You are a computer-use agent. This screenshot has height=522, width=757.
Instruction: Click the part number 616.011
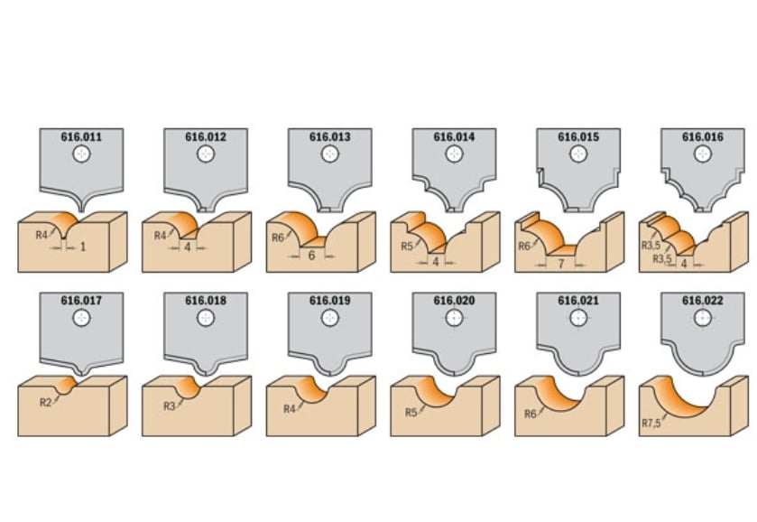click(x=81, y=136)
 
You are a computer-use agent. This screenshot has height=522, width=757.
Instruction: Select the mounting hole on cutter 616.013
click(x=330, y=154)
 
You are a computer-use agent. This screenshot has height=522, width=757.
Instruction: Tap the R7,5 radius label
click(x=651, y=423)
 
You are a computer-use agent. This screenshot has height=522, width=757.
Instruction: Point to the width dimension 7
click(x=561, y=264)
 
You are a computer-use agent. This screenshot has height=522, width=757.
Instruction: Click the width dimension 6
click(x=311, y=256)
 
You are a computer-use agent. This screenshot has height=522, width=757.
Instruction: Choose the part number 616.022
click(x=703, y=301)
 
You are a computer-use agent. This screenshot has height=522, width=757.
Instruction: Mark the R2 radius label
click(x=45, y=402)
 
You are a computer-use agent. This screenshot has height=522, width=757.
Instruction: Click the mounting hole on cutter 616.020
click(x=455, y=318)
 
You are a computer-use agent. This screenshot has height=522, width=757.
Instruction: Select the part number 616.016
click(x=703, y=136)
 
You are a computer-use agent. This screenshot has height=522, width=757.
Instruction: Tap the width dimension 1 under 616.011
click(x=82, y=247)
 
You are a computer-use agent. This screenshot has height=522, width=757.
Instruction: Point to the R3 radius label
click(x=169, y=406)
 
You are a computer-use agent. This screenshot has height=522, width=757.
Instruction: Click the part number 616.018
click(x=206, y=301)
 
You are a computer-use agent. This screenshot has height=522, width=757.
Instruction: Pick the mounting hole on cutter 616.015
click(x=578, y=154)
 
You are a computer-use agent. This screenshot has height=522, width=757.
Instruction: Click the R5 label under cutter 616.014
click(x=407, y=246)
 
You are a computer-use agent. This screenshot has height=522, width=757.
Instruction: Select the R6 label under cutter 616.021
click(x=531, y=414)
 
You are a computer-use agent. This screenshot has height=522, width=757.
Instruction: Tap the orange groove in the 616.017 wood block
click(x=66, y=386)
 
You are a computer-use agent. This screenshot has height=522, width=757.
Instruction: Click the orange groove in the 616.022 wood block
click(x=680, y=399)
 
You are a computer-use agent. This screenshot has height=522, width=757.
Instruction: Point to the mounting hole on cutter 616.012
click(x=206, y=154)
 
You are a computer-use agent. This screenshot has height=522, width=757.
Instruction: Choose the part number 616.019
click(x=330, y=301)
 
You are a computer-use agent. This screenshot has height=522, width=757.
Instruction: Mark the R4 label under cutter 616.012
click(x=161, y=236)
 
